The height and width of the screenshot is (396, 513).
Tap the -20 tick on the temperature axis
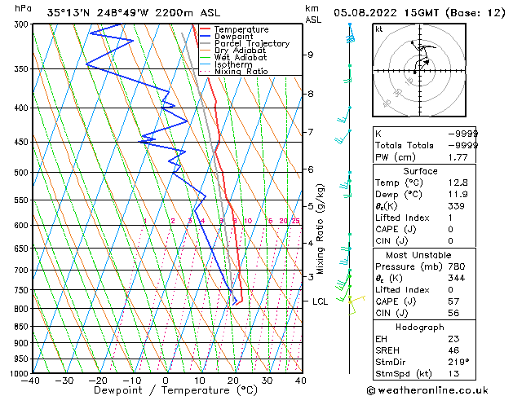(98, 381)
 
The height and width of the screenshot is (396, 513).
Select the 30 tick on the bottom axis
(267, 381)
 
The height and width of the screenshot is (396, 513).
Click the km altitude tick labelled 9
(310, 55)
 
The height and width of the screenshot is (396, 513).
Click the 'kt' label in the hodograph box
(379, 29)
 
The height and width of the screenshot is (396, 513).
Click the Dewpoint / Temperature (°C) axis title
(165, 390)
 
